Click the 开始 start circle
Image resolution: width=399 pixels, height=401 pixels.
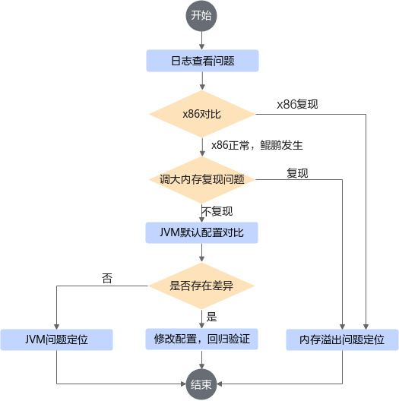click(201, 16)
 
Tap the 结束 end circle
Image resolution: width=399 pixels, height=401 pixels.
click(201, 384)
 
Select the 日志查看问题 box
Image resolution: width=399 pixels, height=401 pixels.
click(202, 61)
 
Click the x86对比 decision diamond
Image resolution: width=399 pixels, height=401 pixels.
click(202, 114)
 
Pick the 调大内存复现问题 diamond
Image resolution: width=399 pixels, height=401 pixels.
click(202, 180)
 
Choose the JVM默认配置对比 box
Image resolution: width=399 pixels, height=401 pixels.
click(201, 232)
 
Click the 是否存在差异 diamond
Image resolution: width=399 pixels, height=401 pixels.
click(201, 286)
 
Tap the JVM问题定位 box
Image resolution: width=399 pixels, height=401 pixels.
click(56, 339)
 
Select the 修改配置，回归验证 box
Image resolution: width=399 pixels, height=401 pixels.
click(201, 339)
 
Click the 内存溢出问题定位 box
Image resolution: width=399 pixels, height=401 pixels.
click(342, 339)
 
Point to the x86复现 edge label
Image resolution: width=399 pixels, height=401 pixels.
click(297, 104)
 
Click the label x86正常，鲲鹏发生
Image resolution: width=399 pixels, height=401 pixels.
click(257, 145)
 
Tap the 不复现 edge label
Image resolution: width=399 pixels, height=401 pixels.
click(217, 211)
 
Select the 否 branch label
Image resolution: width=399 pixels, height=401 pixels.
click(107, 278)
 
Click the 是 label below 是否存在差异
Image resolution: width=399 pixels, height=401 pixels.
click(211, 317)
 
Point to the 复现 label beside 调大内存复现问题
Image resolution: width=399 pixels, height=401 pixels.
click(297, 173)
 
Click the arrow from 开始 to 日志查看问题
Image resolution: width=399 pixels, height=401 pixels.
click(201, 40)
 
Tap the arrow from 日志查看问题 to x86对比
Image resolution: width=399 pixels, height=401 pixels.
click(202, 81)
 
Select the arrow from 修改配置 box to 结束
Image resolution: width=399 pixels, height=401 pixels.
click(201, 359)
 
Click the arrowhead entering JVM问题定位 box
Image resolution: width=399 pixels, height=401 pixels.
click(56, 327)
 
